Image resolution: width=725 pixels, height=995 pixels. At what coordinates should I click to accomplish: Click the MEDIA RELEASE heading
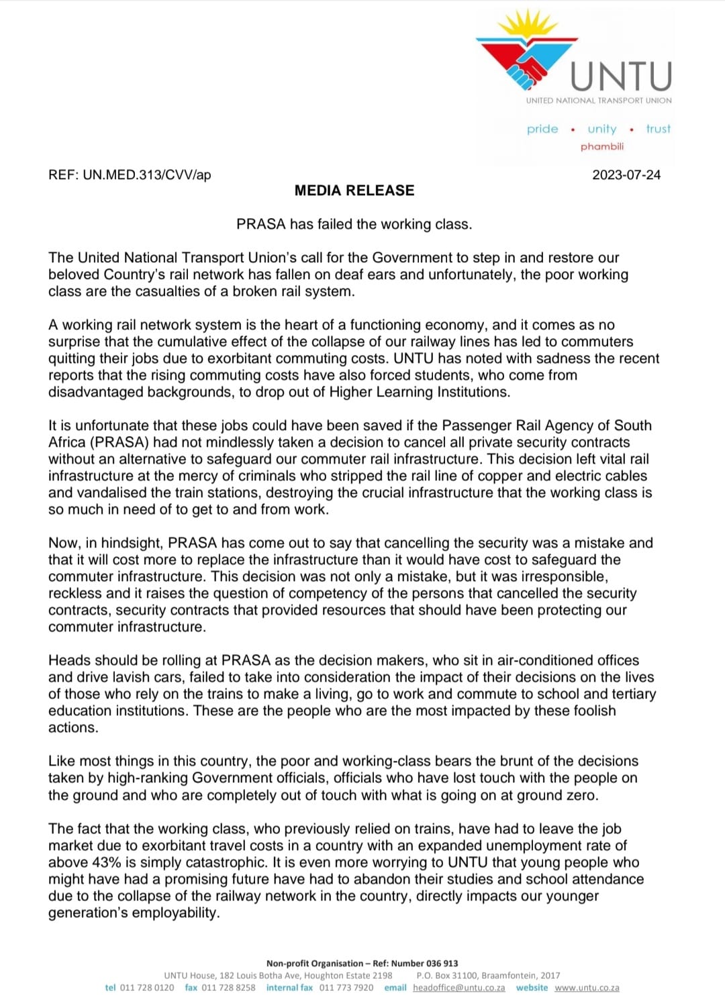click(354, 191)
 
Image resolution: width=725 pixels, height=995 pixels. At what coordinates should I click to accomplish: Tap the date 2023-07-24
click(626, 175)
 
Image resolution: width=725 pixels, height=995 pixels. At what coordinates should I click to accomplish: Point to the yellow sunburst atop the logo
click(528, 27)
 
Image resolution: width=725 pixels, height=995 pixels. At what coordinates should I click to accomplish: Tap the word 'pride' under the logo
click(542, 129)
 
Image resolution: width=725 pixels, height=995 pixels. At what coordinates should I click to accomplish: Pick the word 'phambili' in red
click(602, 146)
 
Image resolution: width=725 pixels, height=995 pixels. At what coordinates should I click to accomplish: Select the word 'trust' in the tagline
click(658, 129)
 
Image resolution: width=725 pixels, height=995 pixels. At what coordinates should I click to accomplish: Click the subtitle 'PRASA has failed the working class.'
click(354, 224)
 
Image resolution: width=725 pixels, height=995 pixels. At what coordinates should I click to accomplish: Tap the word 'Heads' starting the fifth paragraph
click(67, 660)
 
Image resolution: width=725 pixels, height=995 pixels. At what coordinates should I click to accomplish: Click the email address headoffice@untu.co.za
click(458, 988)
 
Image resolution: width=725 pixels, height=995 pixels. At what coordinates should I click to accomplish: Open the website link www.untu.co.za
click(587, 988)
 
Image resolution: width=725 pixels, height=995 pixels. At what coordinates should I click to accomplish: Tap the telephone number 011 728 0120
click(146, 988)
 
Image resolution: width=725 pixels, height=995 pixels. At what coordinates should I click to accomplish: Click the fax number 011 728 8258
click(228, 988)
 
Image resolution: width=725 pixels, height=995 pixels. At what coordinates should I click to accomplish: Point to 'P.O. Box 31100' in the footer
click(446, 976)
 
